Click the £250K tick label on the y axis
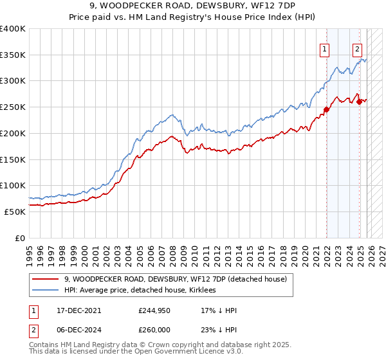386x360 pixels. coord(13,107)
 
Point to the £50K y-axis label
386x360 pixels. coord(15,212)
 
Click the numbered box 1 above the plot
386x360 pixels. coord(325,48)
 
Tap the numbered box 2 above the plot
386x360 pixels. coord(357,48)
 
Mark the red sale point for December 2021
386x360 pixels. coord(326,109)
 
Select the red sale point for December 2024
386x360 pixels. coord(359,102)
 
